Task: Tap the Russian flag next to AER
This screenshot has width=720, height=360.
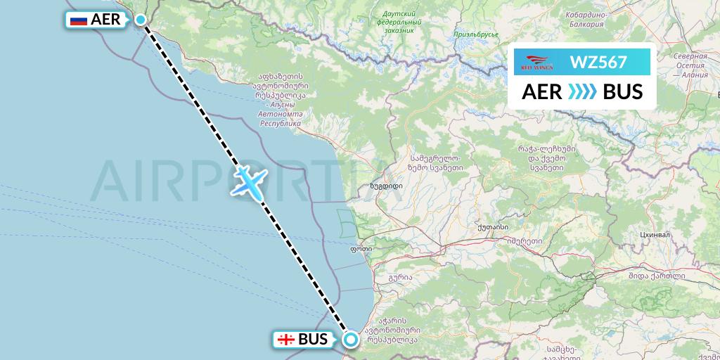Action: coord(79,20)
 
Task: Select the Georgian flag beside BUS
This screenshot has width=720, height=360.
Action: coord(286,340)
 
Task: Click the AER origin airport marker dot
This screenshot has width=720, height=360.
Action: coord(141,20)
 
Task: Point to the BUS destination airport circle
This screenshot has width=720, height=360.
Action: coord(350,340)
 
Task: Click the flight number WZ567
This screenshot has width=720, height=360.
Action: coord(598,63)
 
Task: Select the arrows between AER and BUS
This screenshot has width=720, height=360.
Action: coord(582,92)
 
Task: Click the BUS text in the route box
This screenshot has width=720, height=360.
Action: coord(623,92)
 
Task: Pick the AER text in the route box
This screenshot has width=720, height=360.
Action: coord(541,92)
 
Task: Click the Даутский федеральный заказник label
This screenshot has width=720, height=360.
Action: coord(399,22)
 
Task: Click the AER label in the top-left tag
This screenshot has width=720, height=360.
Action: coord(106,20)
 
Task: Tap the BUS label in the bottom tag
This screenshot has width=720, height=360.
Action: coord(313,340)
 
